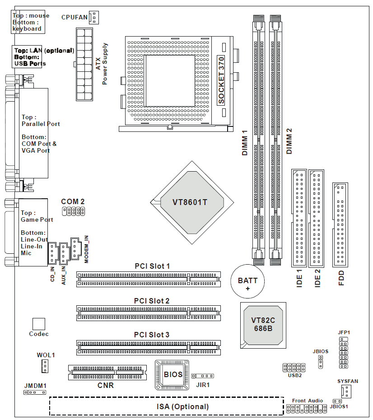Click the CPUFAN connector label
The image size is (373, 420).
pos(75,17)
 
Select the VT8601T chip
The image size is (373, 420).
pos(190,202)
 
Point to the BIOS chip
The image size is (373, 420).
pos(173,374)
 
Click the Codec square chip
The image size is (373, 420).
pos(39,324)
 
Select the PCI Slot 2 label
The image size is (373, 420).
pos(152,301)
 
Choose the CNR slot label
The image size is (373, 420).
pos(106,385)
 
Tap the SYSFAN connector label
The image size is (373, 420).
pos(348,381)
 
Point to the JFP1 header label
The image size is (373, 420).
pos(344,332)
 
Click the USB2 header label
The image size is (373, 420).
pos(295,375)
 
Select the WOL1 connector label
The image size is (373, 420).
pos(46,355)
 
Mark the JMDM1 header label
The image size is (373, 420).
pos(35,386)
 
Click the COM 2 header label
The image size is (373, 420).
pos(73,201)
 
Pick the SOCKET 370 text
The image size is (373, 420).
pos(221,81)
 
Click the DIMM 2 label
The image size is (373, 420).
pos(289,141)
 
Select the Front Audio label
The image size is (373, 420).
pos(308,401)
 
